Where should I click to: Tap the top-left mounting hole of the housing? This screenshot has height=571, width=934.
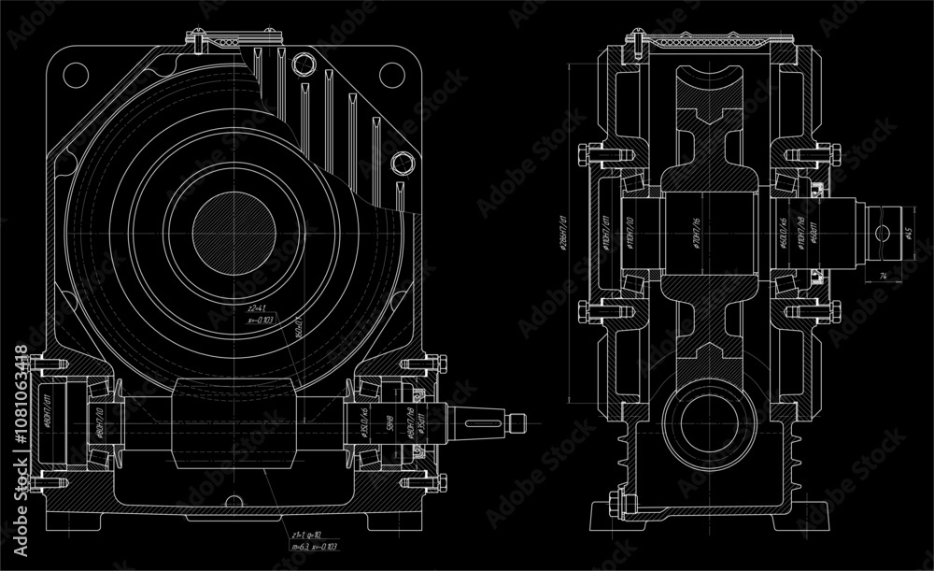(76, 72)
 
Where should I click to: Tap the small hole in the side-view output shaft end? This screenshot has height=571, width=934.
(883, 230)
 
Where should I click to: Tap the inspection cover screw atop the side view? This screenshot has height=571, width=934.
(631, 42)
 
